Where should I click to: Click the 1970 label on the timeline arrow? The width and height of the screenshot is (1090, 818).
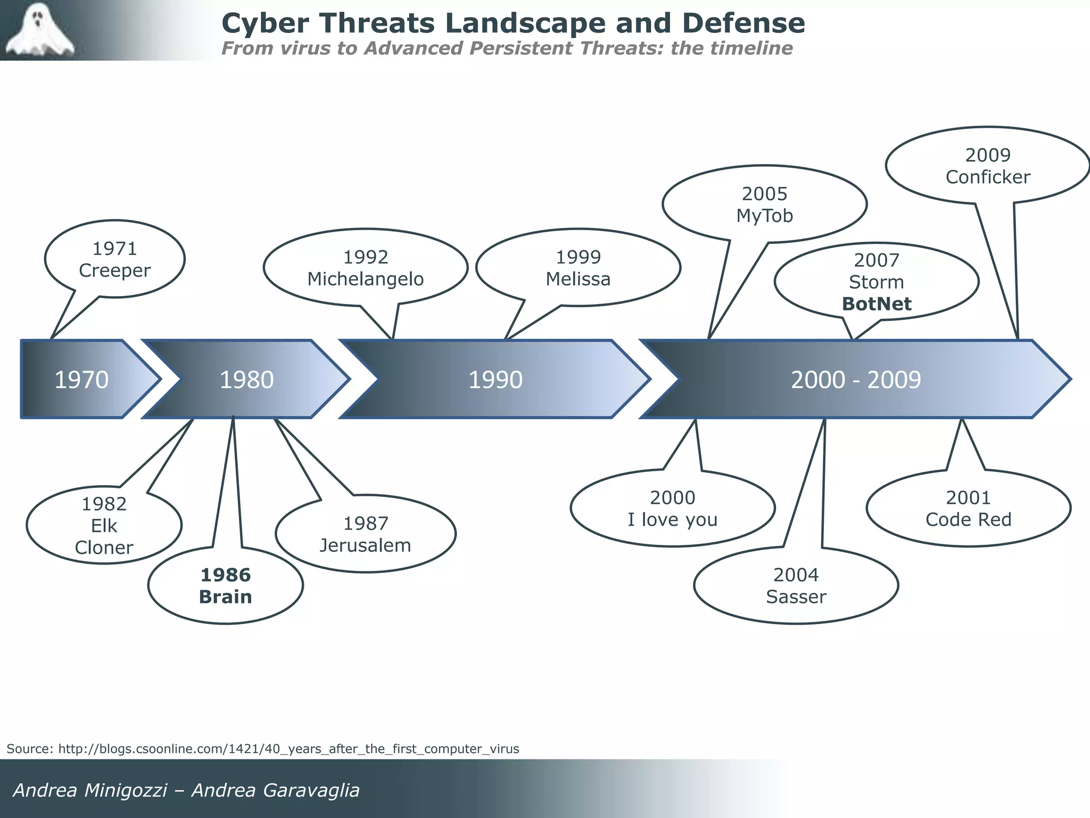(81, 380)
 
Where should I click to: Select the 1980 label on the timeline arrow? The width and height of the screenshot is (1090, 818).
(246, 380)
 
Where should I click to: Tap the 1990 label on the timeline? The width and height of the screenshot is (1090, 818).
(495, 380)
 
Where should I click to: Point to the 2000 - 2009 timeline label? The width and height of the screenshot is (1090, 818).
(855, 380)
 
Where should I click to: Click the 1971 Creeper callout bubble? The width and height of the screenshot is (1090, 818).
(114, 259)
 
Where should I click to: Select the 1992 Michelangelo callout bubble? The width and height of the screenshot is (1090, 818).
(365, 268)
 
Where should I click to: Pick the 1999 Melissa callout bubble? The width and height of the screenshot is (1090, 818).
(578, 268)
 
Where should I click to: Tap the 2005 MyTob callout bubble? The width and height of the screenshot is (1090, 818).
(764, 204)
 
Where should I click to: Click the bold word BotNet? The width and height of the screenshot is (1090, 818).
(877, 304)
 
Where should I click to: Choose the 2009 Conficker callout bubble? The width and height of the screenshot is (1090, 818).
(987, 166)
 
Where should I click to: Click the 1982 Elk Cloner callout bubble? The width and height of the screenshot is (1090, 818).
(104, 526)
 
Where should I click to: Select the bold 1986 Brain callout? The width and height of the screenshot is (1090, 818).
(225, 586)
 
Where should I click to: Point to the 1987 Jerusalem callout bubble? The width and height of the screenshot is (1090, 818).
(365, 534)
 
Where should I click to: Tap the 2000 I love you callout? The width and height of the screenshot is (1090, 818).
(672, 509)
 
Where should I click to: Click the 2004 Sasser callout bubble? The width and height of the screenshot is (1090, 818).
(796, 586)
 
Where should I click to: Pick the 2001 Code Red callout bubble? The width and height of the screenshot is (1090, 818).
(968, 509)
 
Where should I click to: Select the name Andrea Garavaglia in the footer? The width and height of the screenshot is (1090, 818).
(275, 790)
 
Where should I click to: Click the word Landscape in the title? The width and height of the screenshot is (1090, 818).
(525, 23)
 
